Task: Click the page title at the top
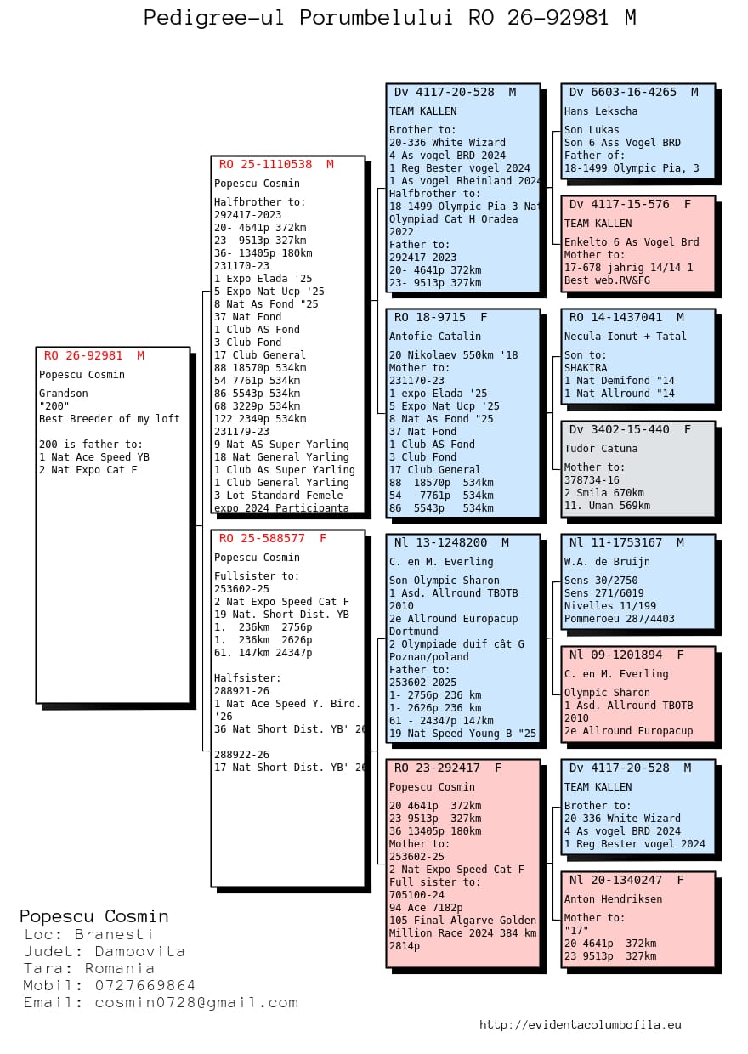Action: [389, 18]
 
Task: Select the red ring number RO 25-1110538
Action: [265, 164]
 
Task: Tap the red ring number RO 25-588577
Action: [262, 538]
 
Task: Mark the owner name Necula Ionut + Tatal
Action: [626, 337]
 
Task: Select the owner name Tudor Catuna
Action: [601, 449]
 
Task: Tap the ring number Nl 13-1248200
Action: [440, 543]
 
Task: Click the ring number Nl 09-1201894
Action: [615, 655]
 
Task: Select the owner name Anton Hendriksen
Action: [613, 899]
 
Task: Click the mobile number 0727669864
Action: [144, 985]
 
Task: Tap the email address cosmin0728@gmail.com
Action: [196, 1003]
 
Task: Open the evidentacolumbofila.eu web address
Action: [580, 1025]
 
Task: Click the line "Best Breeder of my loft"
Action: [109, 419]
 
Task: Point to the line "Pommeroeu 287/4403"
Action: [619, 619]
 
